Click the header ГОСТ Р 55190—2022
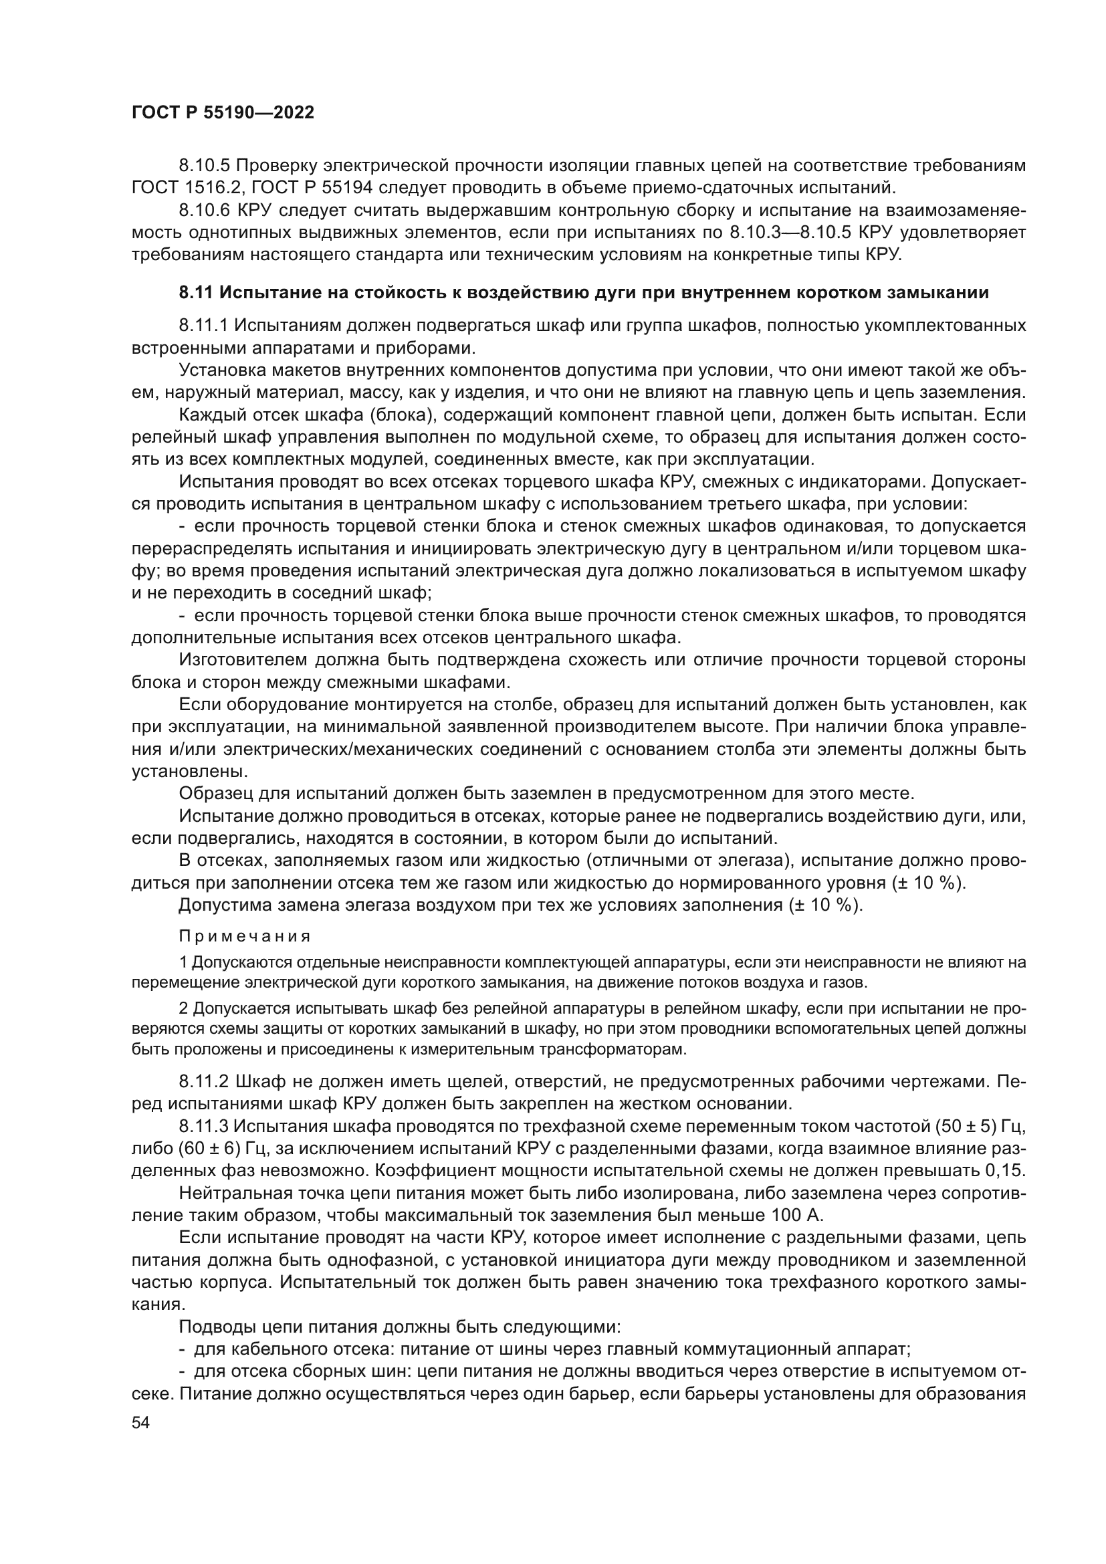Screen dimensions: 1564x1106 click(223, 113)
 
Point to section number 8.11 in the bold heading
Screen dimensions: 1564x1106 click(196, 293)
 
